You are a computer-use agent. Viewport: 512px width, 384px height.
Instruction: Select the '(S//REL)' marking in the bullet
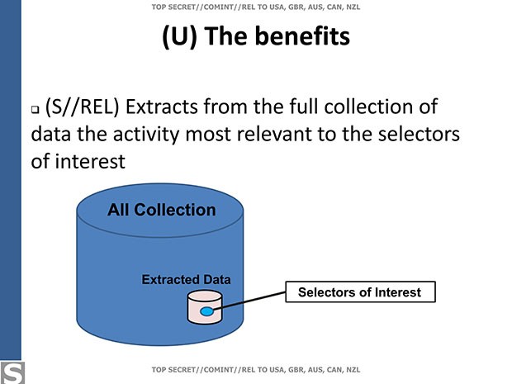(x=91, y=107)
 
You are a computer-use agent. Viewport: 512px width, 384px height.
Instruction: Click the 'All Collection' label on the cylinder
(x=161, y=210)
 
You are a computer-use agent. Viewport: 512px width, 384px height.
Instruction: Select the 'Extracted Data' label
(x=186, y=280)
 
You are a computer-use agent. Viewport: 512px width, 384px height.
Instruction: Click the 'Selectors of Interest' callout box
(x=359, y=292)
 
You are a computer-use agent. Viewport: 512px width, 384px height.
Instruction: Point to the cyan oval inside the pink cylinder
(x=206, y=311)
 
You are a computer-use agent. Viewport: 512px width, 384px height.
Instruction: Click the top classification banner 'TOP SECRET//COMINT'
(x=255, y=7)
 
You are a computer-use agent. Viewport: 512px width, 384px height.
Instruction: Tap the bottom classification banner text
(x=255, y=368)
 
